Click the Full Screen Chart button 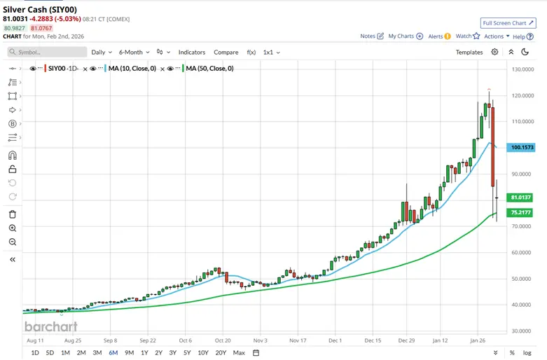(508, 23)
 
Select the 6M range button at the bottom (113, 352)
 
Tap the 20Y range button (221, 352)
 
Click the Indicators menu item (191, 52)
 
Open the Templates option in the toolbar (469, 52)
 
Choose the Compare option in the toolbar (226, 52)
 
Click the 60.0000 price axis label (526, 252)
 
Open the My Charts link (405, 36)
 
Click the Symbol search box (48, 52)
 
